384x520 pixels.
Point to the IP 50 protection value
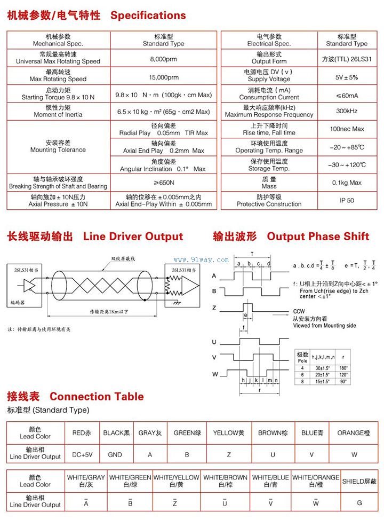click(347, 200)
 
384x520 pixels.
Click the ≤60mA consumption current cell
click(347, 94)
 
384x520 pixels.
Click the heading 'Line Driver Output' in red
click(133, 237)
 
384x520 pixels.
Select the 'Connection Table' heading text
click(97, 396)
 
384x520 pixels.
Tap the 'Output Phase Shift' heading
click(318, 237)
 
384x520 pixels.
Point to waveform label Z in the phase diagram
click(214, 308)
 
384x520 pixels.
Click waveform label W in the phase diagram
click(215, 374)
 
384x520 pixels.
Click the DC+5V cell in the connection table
click(82, 455)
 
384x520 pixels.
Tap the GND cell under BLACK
click(115, 455)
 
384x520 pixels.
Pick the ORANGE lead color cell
click(354, 433)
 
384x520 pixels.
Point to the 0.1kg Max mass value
click(347, 183)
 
